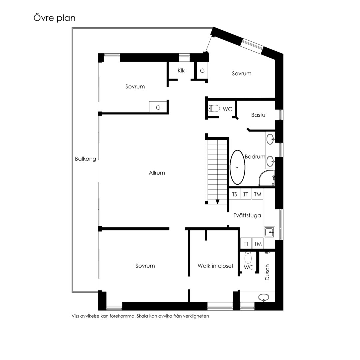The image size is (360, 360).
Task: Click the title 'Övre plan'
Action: pos(54,18)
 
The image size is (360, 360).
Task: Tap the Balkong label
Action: pos(85,159)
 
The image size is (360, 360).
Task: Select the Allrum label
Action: pos(157,173)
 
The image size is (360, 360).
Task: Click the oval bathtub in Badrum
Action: pos(237,167)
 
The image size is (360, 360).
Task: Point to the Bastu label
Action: pos(258,115)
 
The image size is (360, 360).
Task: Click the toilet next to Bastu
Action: pos(214,108)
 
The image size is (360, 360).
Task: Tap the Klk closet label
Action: pos(181,70)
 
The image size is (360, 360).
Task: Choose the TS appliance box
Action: pos(234,194)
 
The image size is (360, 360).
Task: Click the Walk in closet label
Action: pos(215,266)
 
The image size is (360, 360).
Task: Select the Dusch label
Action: pos(267,272)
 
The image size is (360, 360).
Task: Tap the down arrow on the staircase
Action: pos(217,202)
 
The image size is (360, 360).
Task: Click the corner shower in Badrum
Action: pos(267,178)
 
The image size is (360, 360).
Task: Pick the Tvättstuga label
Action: pos(247,215)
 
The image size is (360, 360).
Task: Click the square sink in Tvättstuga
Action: pos(269,232)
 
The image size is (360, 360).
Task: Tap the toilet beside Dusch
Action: pos(248,258)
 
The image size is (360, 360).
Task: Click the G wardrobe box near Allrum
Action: pos(158,107)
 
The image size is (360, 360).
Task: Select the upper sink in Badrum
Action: pos(270,139)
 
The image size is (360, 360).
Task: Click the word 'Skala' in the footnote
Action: pos(142,316)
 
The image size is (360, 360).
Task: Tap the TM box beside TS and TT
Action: pos(257,194)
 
